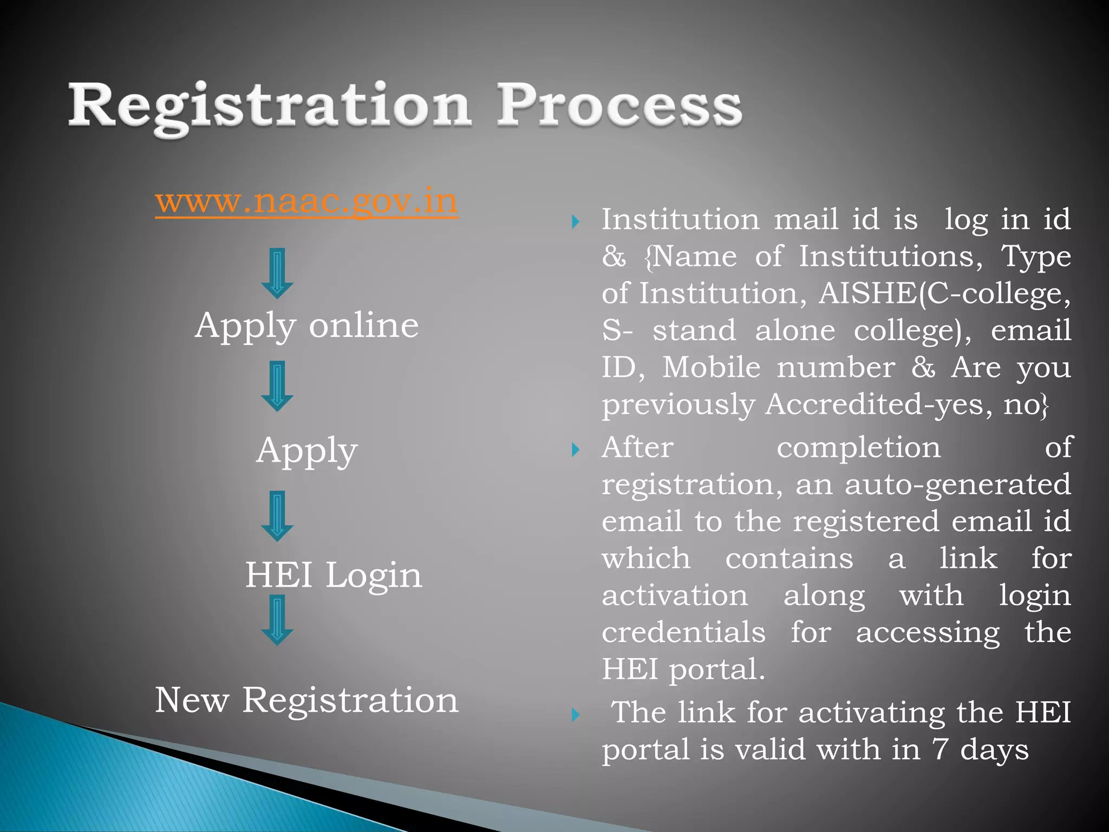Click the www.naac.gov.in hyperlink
pyautogui.click(x=306, y=201)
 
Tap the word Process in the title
pyautogui.click(x=619, y=106)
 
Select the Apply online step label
pyautogui.click(x=306, y=326)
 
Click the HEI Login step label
pyautogui.click(x=333, y=575)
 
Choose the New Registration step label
pyautogui.click(x=306, y=700)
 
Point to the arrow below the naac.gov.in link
pyautogui.click(x=277, y=274)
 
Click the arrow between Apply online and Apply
pyautogui.click(x=277, y=386)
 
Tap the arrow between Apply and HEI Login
pyautogui.click(x=277, y=516)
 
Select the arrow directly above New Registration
pyautogui.click(x=277, y=620)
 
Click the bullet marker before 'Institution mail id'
pyautogui.click(x=576, y=222)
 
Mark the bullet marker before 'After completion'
pyautogui.click(x=576, y=450)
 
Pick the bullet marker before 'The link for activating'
pyautogui.click(x=576, y=715)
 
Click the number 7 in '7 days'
pyautogui.click(x=940, y=750)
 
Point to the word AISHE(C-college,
pyautogui.click(x=944, y=294)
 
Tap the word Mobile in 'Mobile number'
pyautogui.click(x=712, y=368)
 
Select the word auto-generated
pyautogui.click(x=957, y=484)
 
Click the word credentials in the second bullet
pyautogui.click(x=683, y=633)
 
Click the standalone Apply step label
pyautogui.click(x=306, y=451)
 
